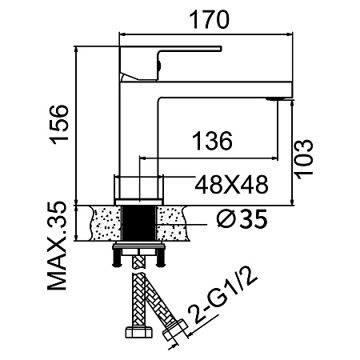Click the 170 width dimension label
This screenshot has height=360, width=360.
209,19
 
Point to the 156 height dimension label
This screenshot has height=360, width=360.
60,125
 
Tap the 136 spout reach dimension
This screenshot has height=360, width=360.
212,141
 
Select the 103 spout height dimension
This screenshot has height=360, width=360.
303,158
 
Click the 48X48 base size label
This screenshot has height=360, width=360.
231,185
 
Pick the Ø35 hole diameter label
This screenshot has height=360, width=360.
242,218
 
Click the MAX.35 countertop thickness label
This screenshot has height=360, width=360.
57,246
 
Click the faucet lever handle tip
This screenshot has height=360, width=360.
220,48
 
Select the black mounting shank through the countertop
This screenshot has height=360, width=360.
138,223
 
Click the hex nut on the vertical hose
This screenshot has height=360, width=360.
138,333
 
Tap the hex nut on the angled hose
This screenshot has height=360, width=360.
175,330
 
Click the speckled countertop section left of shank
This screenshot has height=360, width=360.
106,223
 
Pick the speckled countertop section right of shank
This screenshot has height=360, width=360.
172,223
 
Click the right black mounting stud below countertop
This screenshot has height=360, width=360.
161,258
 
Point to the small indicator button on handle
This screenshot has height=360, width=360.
159,65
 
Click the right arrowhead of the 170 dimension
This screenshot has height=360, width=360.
290,34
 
